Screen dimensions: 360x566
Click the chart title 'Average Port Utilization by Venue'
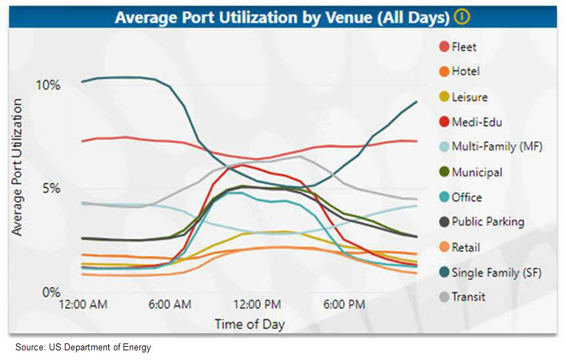point(282,17)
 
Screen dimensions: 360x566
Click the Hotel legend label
point(465,72)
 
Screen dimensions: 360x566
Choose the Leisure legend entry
point(469,97)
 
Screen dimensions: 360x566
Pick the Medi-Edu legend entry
point(476,123)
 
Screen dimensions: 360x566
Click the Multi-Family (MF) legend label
point(496,147)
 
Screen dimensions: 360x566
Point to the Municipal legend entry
point(476,172)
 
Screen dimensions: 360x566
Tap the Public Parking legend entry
point(487,222)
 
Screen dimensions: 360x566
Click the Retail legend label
point(465,248)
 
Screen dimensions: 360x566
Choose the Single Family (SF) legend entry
point(496,272)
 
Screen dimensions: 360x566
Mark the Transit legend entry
point(468,297)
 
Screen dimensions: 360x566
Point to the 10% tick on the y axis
point(48,86)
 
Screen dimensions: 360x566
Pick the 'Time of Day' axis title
point(249,323)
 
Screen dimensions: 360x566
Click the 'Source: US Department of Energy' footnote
point(84,348)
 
